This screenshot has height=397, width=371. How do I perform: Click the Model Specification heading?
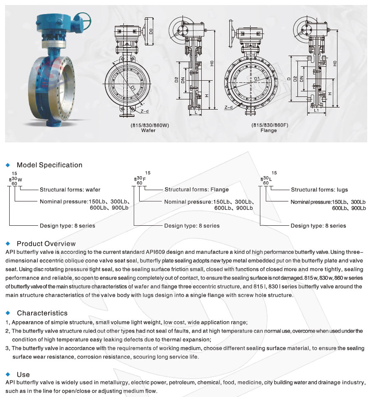pos(49,165)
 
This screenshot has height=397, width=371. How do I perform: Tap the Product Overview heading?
pos(46,244)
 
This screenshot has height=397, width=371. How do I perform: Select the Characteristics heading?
pos(42,313)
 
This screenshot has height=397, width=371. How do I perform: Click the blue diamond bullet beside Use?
pos(8,374)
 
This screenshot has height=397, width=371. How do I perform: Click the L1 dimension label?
pos(317,111)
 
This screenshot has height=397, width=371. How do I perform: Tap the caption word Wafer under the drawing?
pos(148,130)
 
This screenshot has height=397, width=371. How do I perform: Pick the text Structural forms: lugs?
pos(319,190)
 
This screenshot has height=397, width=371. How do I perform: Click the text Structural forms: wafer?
pos(70,190)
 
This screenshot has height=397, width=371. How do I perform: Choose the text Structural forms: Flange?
pos(197,190)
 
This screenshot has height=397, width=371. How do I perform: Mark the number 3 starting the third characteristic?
pos(8,348)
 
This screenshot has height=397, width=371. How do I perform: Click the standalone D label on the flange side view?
pos(289,78)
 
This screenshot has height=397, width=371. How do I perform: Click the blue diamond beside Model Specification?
pos(8,165)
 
